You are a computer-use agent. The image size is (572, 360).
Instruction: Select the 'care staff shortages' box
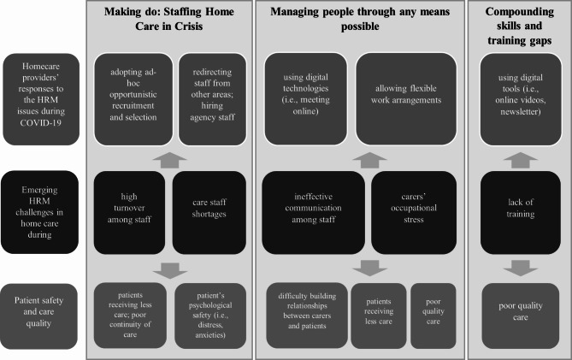[x=209, y=207]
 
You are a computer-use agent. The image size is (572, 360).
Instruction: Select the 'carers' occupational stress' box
[x=406, y=207]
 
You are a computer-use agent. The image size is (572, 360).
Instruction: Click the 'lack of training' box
[x=521, y=207]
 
